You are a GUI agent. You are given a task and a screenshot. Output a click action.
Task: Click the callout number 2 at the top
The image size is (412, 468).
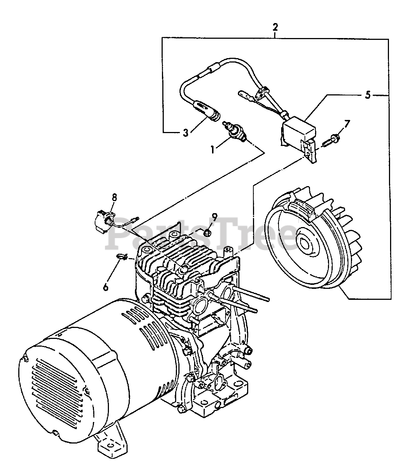pos(275,27)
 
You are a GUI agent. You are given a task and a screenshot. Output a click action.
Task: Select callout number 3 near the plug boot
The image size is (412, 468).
pos(186,133)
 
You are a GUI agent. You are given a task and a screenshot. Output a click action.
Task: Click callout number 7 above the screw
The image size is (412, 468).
pos(347,123)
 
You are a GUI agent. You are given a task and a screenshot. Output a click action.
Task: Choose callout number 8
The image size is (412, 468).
pos(114,197)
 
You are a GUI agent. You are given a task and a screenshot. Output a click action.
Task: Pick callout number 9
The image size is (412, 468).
pos(214,216)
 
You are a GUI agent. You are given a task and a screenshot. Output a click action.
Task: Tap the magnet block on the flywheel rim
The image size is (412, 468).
pos(302,210)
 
